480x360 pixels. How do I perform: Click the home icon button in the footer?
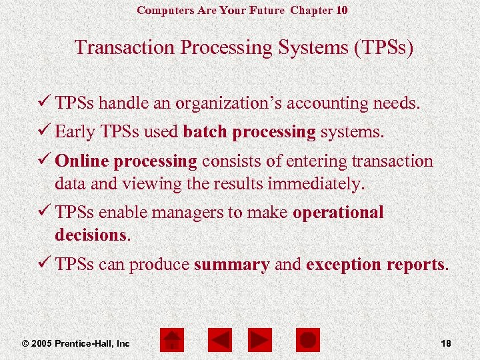point(171,340)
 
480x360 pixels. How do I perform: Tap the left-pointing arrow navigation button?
point(221,340)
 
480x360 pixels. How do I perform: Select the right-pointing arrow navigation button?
point(259,340)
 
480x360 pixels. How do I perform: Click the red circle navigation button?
point(307,340)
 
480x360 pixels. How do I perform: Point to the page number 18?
point(446,343)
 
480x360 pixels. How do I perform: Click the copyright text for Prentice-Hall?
point(76,343)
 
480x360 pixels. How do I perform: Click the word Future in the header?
point(267,10)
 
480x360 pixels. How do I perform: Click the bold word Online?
point(83,161)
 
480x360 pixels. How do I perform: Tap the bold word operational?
point(338,213)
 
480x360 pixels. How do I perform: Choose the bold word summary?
point(231,264)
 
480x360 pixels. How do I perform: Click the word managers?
point(186,213)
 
